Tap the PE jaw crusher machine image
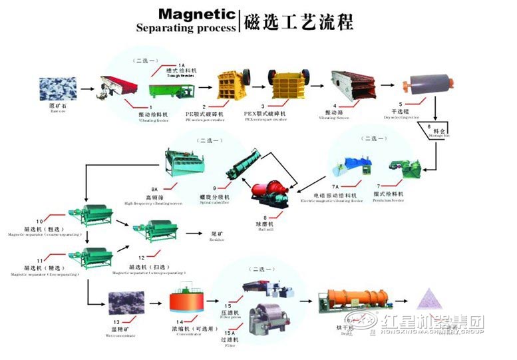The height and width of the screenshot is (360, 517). pyautogui.click(x=228, y=85)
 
